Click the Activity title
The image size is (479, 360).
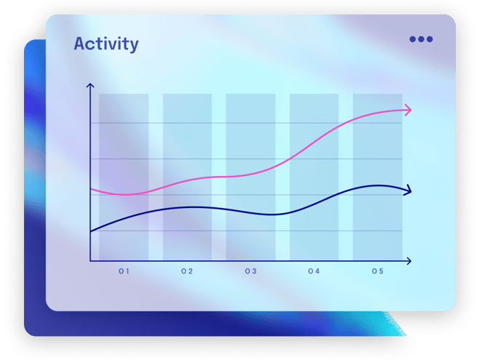pos(106,44)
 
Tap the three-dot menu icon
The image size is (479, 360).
pos(421,39)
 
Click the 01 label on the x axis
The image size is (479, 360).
pos(124,271)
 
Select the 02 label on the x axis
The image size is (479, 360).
pos(187,271)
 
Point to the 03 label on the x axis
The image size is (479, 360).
pos(251,271)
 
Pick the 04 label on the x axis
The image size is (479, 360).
pos(314,271)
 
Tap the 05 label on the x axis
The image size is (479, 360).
pos(378,271)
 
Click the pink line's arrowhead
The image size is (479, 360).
pos(408,110)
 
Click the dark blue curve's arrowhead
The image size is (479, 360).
pos(408,191)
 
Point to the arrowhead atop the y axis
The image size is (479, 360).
pos(90,85)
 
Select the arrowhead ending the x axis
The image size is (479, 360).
pos(408,261)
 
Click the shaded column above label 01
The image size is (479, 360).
pos(124,177)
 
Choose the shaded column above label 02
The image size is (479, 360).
pos(187,177)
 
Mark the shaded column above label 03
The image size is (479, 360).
pos(251,177)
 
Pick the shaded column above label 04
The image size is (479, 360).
pos(314,177)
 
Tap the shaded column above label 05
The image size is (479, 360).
pos(378,177)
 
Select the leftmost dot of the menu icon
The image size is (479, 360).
pos(413,39)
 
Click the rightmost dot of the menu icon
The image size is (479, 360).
pos(429,39)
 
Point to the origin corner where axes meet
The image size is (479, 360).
pos(90,261)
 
